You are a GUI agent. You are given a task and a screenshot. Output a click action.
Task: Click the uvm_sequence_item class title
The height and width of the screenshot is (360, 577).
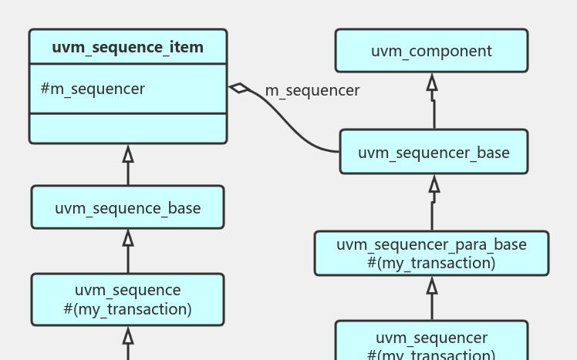tap(128, 47)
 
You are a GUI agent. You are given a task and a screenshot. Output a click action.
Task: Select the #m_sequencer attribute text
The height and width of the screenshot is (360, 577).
tap(93, 89)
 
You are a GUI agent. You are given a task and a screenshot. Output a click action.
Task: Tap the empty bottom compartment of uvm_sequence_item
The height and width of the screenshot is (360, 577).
tap(128, 128)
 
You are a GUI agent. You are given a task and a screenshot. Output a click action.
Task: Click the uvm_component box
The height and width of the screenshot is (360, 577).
tap(431, 51)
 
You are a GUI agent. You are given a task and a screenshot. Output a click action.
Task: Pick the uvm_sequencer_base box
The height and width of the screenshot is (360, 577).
tap(434, 152)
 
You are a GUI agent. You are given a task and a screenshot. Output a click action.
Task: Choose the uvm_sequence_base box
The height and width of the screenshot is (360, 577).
tap(127, 207)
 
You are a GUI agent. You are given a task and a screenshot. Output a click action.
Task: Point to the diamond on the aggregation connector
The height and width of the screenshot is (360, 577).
tap(240, 88)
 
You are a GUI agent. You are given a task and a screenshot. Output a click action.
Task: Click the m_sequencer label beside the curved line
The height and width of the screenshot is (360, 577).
tap(312, 90)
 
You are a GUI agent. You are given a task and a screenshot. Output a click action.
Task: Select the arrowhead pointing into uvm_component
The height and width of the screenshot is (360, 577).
tap(432, 82)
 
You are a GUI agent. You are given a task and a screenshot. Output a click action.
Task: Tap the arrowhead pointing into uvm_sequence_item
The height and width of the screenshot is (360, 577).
tap(128, 153)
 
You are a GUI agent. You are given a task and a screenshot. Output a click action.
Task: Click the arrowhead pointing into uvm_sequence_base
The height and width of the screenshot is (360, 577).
tap(128, 237)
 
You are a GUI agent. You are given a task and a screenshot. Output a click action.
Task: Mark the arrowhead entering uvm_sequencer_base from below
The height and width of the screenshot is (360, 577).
tap(434, 183)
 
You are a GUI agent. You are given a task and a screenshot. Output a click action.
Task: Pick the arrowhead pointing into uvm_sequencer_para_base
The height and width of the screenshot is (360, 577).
tap(432, 285)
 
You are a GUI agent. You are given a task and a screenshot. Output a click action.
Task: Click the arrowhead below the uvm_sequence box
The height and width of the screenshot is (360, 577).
tap(128, 335)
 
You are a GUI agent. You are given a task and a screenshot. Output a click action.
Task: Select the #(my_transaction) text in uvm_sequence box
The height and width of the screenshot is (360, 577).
tap(127, 309)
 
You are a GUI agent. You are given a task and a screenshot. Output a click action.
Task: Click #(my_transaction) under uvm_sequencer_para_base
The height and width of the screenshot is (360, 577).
tap(431, 263)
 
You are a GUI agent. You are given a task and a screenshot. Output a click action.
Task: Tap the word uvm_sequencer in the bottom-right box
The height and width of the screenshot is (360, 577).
tap(431, 338)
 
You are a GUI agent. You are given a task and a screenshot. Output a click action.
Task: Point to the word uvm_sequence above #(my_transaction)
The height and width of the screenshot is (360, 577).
tap(127, 290)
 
